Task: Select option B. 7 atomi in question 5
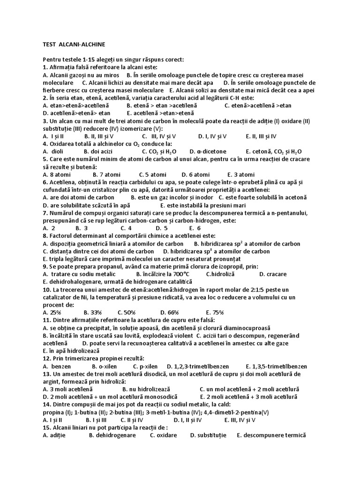click(100, 174)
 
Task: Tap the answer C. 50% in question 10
click(127, 312)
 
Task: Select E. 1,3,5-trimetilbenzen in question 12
click(277, 366)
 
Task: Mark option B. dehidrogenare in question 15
click(112, 435)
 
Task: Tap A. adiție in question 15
click(54, 435)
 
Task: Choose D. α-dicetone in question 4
click(208, 151)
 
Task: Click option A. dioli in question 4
click(52, 151)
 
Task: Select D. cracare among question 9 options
click(273, 274)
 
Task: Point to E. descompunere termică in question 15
click(271, 435)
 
